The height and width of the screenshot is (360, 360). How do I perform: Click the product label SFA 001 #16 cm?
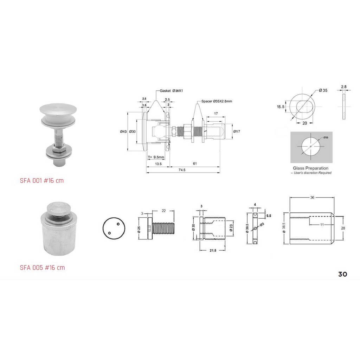point(42,181)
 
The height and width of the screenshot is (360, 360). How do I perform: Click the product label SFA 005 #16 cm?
point(42,268)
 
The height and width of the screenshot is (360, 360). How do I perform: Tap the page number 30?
point(342,274)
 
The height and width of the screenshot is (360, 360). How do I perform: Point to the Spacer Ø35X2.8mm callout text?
point(217,101)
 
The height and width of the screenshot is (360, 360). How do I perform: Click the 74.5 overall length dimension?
point(182,170)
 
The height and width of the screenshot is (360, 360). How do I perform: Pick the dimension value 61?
point(194,164)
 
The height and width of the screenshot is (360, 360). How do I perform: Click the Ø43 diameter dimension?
point(123,131)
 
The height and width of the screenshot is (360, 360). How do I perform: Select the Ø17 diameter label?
point(236,131)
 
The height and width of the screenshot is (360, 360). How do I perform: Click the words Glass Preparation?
point(310,168)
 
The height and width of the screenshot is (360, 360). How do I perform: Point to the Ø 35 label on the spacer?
point(323,90)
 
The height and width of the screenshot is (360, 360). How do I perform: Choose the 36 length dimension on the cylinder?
point(312,197)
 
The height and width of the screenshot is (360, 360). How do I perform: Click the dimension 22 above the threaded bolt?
point(163,211)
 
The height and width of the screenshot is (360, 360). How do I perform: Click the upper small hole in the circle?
point(118,224)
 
